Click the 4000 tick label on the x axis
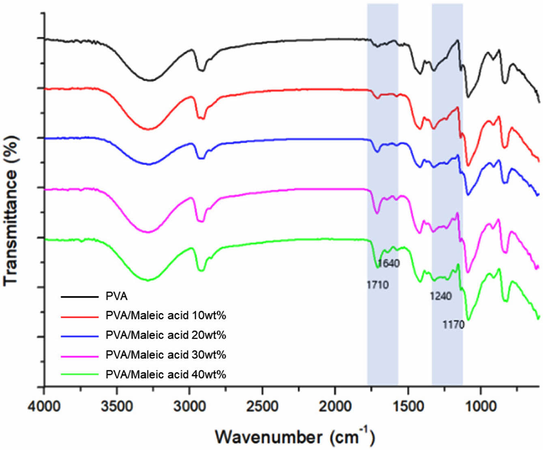click(44, 406)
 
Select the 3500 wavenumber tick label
click(117, 406)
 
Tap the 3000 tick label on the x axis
click(189, 406)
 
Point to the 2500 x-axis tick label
click(262, 406)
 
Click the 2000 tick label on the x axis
click(335, 406)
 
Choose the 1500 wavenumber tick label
click(408, 406)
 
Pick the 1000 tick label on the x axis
click(481, 406)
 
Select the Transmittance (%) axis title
click(11, 211)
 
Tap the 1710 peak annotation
click(378, 285)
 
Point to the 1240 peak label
click(441, 296)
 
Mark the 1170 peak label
click(453, 325)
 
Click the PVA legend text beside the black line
click(116, 296)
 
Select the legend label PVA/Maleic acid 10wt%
click(165, 316)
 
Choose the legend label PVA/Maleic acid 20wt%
click(165, 335)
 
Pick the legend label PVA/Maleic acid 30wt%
click(165, 355)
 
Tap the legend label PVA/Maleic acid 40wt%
click(165, 374)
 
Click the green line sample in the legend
click(79, 374)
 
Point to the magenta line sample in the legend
click(79, 355)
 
